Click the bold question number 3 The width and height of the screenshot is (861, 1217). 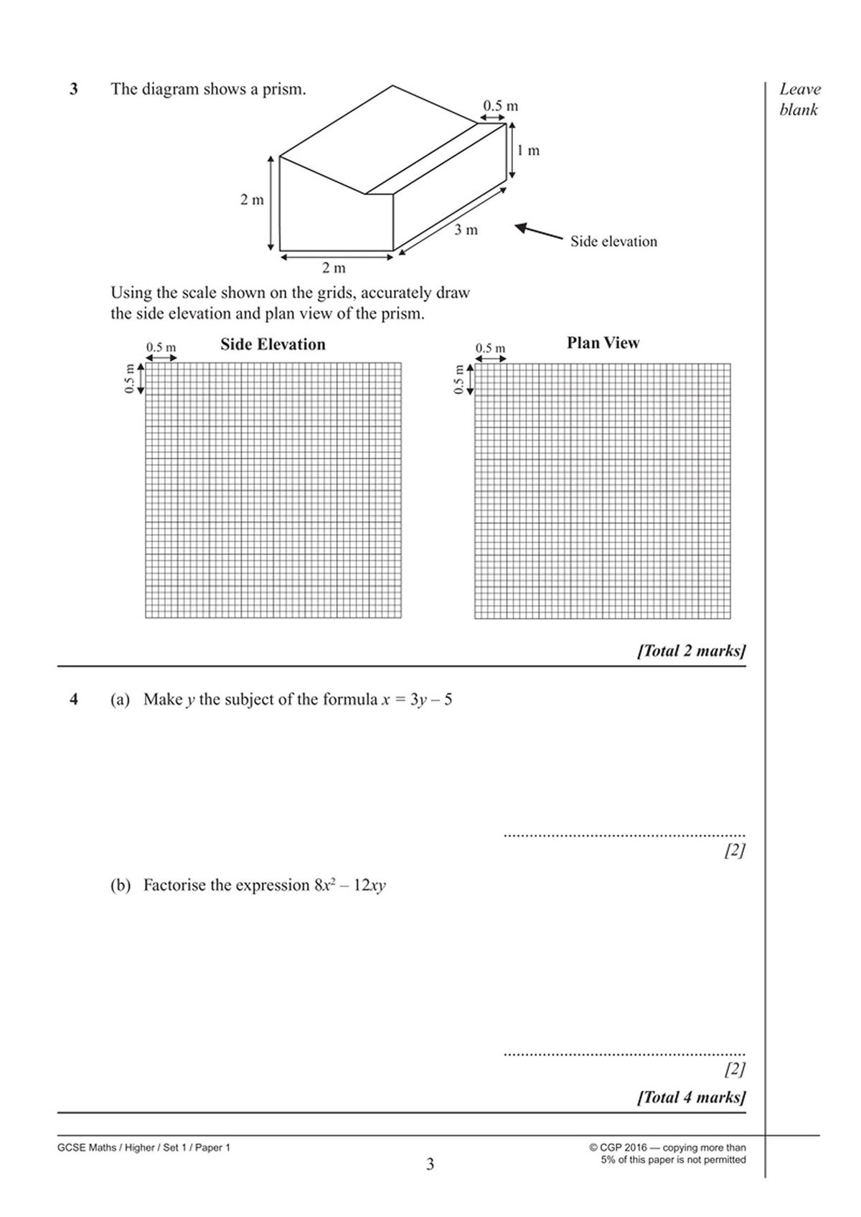[x=73, y=90]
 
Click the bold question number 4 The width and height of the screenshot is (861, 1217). [x=73, y=699]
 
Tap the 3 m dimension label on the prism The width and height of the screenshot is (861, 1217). [x=466, y=230]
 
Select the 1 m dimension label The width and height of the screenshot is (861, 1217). [x=529, y=151]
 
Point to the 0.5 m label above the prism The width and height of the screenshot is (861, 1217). [x=500, y=106]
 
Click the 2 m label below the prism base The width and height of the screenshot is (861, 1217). [x=334, y=268]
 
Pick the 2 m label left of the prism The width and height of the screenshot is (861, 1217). [x=252, y=200]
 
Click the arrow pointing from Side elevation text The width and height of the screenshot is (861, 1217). [x=538, y=232]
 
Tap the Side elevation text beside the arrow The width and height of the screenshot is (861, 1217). [x=613, y=242]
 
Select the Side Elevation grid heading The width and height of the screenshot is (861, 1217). [x=273, y=344]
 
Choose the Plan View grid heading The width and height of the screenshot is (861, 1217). [x=603, y=343]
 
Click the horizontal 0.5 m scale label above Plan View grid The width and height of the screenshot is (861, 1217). [x=490, y=349]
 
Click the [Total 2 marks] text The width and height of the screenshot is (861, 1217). [x=691, y=651]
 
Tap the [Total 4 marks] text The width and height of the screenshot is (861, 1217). [x=691, y=1097]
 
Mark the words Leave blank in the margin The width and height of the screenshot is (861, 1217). [x=799, y=99]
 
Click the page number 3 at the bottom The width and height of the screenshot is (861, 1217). [x=430, y=1164]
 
